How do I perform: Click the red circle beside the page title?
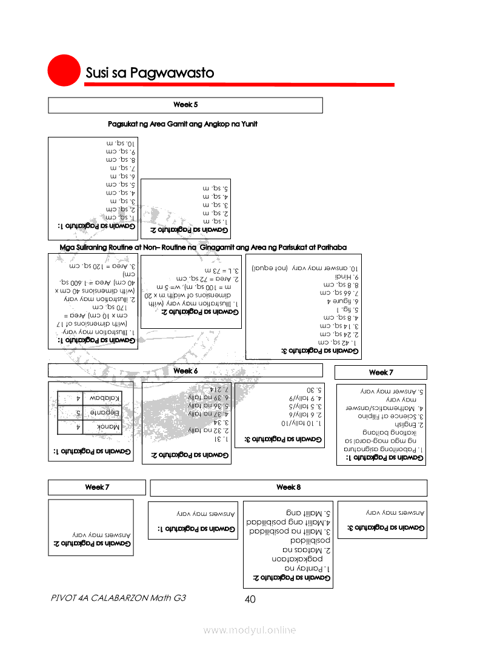click(x=64, y=71)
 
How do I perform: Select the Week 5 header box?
click(x=185, y=105)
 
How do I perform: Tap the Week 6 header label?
click(x=185, y=371)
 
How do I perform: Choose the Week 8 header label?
click(x=288, y=487)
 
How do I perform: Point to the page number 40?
click(x=250, y=600)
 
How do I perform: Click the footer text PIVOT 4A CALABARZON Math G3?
click(x=119, y=598)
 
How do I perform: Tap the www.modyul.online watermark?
click(x=250, y=630)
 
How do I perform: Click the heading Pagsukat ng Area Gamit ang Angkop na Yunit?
click(x=182, y=124)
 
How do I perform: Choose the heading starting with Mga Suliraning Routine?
click(x=203, y=248)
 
